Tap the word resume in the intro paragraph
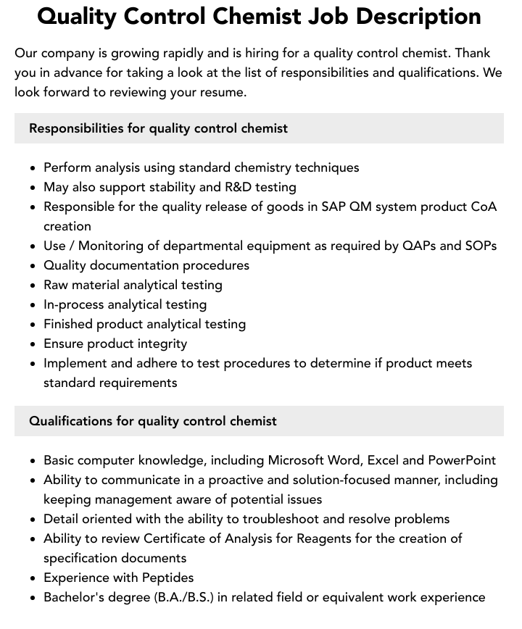click(x=223, y=92)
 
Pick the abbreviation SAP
click(x=333, y=207)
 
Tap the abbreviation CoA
click(x=484, y=207)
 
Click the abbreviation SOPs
click(x=479, y=246)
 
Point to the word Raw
click(x=57, y=285)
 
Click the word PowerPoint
click(x=462, y=460)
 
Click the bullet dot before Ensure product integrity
click(x=33, y=344)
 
